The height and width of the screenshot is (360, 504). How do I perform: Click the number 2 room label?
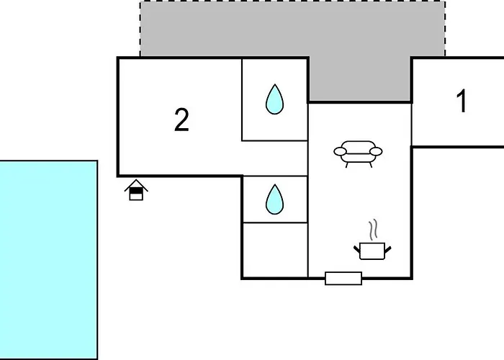[181, 120]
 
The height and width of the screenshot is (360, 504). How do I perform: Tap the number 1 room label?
[462, 102]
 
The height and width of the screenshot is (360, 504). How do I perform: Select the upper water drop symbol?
[274, 99]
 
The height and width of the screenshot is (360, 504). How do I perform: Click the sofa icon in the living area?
[358, 153]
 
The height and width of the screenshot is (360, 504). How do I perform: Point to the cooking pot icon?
[373, 250]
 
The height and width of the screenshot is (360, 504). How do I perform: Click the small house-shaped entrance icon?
[135, 190]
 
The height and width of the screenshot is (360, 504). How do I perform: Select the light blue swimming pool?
[48, 259]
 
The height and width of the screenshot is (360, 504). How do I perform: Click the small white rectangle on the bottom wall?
[343, 278]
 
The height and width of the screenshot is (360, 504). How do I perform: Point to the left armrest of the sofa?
[339, 151]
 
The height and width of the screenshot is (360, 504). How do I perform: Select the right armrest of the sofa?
[377, 151]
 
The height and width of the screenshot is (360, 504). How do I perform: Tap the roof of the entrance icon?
[135, 184]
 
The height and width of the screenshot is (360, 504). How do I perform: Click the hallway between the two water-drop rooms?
[274, 158]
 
